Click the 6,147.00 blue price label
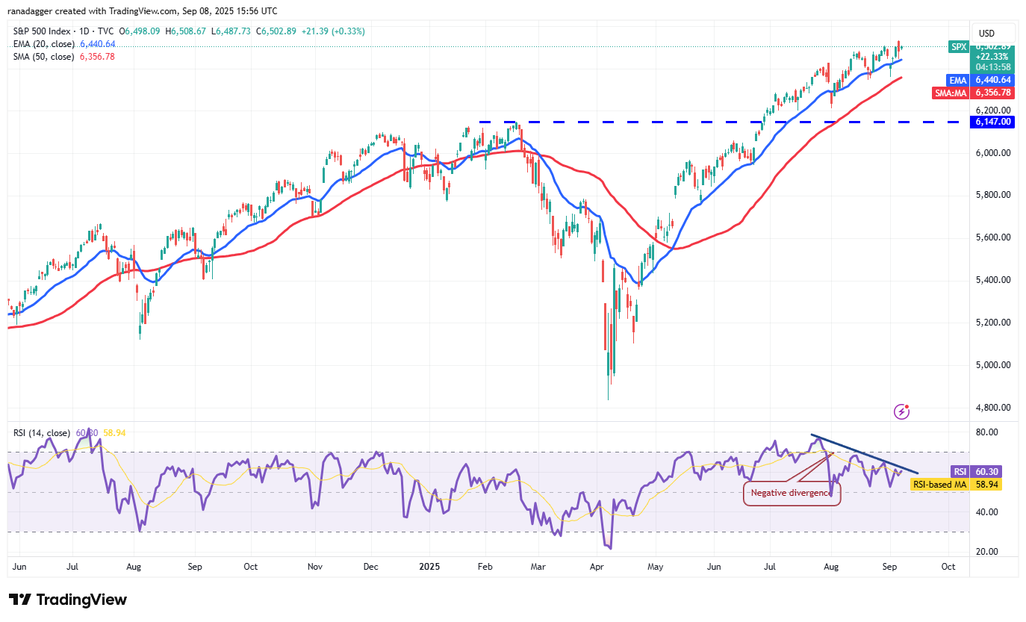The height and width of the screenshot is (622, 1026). coord(992,122)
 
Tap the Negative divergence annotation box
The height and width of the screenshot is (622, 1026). coord(792,493)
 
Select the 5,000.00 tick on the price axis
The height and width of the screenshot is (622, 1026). coord(993,365)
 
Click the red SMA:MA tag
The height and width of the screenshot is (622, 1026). coord(951,93)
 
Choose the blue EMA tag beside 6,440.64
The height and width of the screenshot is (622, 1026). coord(958,80)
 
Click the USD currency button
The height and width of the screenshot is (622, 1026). coord(986,33)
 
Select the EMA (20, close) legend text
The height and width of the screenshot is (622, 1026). coord(43,44)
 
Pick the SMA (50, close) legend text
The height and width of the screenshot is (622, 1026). coord(43,56)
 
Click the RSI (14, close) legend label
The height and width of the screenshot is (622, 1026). coord(41,433)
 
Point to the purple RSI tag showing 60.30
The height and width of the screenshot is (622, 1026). coord(960,471)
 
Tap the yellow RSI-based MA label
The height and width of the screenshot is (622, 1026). coord(939,485)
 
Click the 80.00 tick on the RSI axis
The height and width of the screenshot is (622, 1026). coord(986,432)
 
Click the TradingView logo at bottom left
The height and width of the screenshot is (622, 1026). coord(68,600)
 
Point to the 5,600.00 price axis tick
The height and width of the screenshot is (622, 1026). coord(993,237)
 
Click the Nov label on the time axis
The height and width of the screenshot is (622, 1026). coord(315,567)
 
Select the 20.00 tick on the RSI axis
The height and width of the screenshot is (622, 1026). coord(986,552)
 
